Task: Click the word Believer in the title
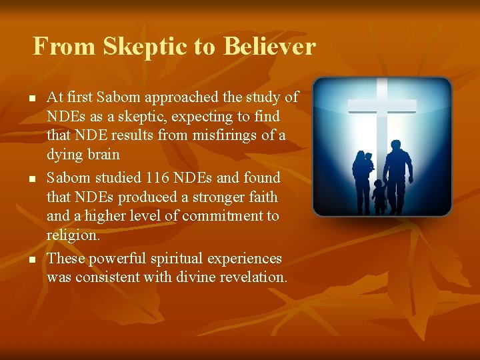pyautogui.click(x=269, y=47)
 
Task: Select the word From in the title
pyautogui.click(x=61, y=47)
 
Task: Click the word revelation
pyautogui.click(x=250, y=277)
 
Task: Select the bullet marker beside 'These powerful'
pyautogui.click(x=31, y=259)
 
